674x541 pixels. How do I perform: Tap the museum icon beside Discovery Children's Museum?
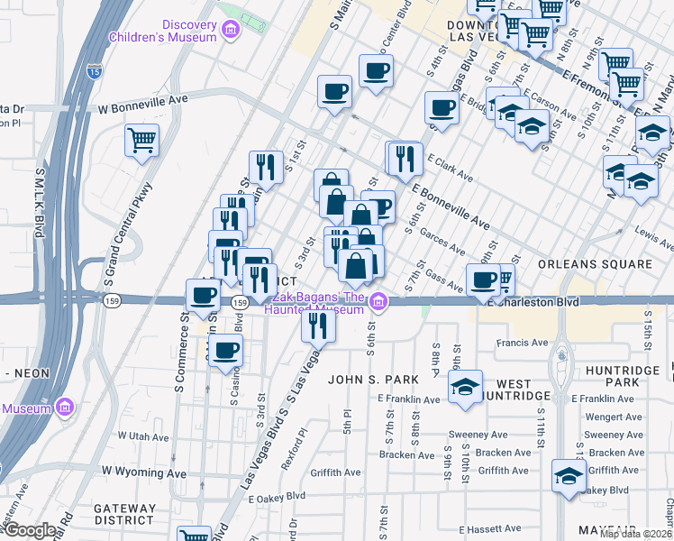231,32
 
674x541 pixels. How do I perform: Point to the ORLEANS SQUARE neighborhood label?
594,264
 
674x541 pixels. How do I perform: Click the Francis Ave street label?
527,343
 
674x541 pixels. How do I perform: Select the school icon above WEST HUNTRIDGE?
465,388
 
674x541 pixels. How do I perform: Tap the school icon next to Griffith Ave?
569,474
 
